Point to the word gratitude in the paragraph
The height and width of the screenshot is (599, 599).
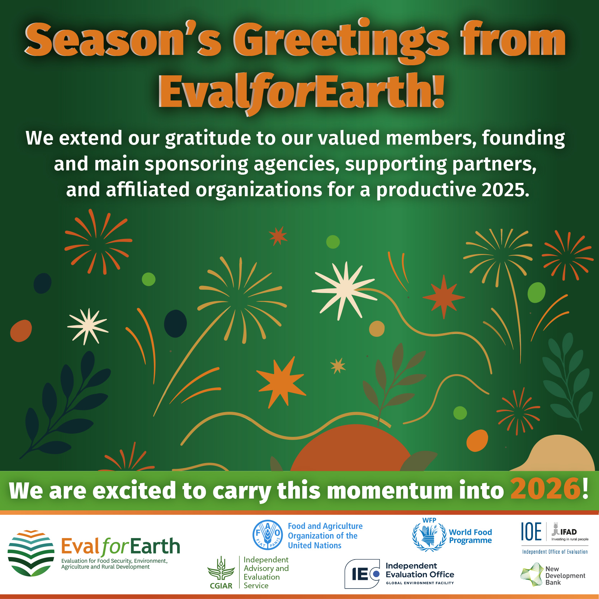click(208, 138)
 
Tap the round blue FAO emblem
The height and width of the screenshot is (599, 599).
click(268, 535)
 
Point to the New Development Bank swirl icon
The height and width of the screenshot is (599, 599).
click(532, 574)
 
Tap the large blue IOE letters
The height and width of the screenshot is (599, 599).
click(531, 532)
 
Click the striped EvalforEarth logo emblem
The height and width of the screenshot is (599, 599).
click(31, 553)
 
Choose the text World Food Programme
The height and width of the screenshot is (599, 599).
click(470, 536)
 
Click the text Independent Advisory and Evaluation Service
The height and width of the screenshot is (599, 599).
click(266, 572)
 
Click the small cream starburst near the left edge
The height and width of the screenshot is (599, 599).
click(88, 326)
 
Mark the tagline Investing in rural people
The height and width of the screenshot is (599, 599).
click(570, 539)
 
